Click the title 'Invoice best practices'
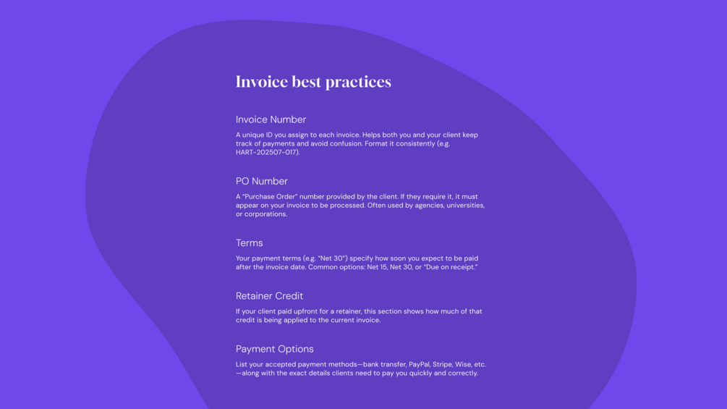[x=313, y=82]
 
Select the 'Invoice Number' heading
[x=271, y=119]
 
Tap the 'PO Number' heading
[x=261, y=181]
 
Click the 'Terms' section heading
[x=249, y=243]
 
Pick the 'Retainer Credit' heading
[x=269, y=296]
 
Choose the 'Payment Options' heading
[x=274, y=349]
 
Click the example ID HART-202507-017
[x=267, y=152]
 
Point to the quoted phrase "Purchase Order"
[x=270, y=197]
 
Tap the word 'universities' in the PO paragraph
[x=466, y=206]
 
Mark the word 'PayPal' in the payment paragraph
[x=419, y=365]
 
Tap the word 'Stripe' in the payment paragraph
[x=442, y=365]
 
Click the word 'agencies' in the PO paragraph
[x=430, y=206]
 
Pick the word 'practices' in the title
[x=358, y=83]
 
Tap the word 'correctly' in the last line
[x=463, y=374]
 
